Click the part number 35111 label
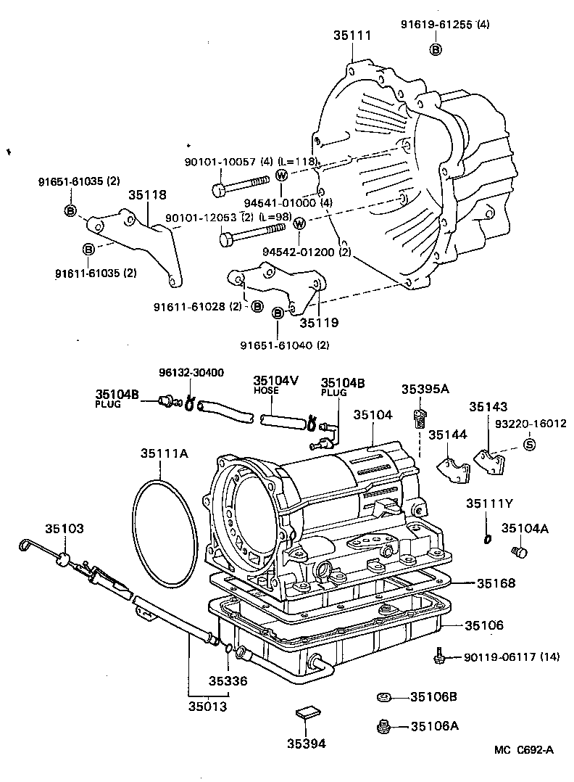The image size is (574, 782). [352, 35]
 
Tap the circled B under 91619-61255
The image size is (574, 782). [436, 49]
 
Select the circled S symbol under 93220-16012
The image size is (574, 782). [528, 445]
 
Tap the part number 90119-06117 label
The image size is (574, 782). [512, 658]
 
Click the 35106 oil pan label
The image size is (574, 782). [483, 625]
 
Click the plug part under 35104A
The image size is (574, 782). [517, 553]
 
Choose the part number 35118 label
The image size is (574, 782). [148, 194]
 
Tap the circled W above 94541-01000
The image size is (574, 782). [282, 175]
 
